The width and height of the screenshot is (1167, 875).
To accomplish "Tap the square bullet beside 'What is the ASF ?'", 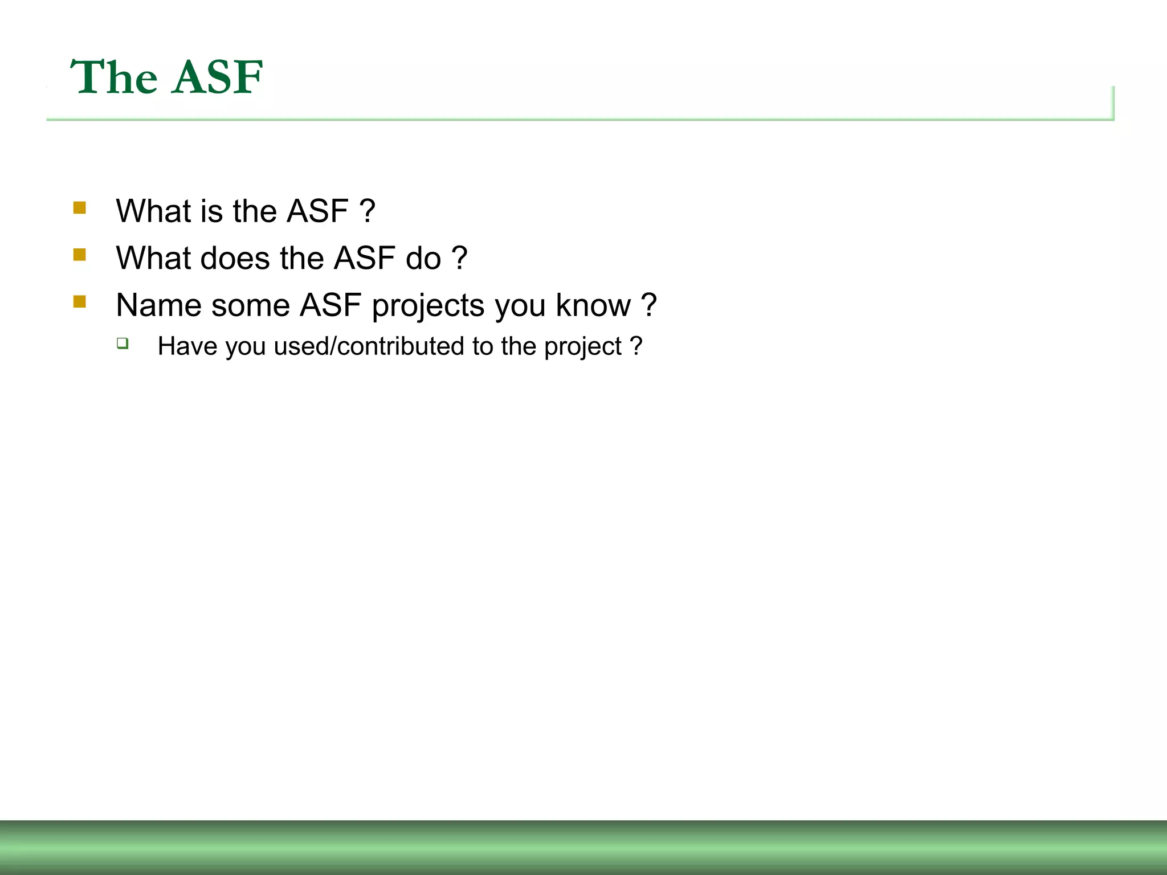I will pos(80,208).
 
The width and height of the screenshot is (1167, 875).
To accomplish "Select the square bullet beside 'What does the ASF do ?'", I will pos(80,255).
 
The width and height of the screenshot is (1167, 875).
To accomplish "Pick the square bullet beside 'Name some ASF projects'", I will pos(80,302).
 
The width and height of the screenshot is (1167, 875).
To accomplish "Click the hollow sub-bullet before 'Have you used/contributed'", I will pos(123,343).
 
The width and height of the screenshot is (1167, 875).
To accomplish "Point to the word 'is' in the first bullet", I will pos(211,211).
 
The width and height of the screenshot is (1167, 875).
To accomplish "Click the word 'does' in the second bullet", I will pos(234,258).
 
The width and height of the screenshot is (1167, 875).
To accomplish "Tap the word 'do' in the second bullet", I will pos(423,258).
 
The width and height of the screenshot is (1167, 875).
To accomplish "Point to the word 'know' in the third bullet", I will pos(593,305).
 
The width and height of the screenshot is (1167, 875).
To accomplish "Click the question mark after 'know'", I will pos(648,305).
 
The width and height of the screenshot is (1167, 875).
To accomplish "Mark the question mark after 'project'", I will pos(636,346).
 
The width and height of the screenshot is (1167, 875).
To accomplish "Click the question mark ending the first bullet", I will pos(368,211).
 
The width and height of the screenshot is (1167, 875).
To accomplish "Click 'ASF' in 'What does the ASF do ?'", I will pos(365,258).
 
